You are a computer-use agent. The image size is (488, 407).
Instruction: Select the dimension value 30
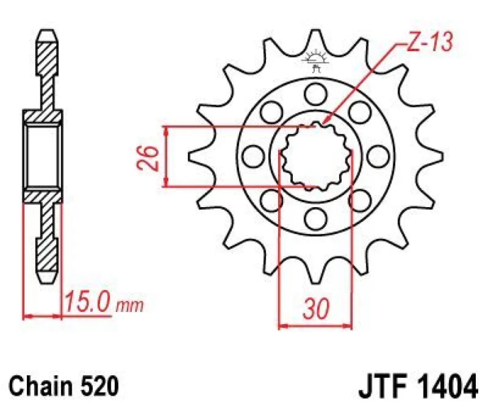pyautogui.click(x=315, y=310)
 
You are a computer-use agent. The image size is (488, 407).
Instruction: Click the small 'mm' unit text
pyautogui.click(x=130, y=306)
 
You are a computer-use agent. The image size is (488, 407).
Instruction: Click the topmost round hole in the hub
pyautogui.click(x=316, y=92)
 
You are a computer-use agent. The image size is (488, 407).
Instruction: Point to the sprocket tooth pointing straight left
pyautogui.click(x=196, y=156)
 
